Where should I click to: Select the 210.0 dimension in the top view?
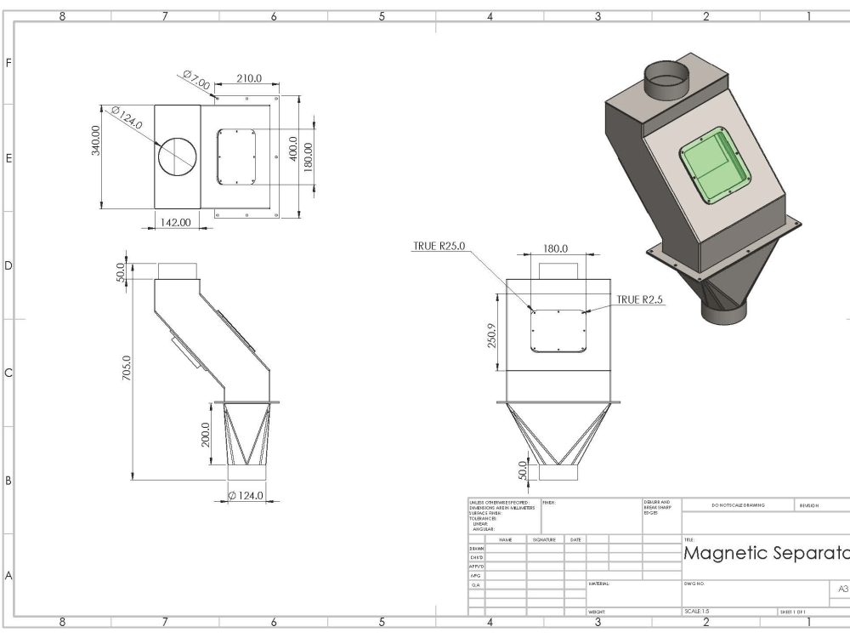(x=248, y=79)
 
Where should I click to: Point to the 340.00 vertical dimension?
(x=95, y=140)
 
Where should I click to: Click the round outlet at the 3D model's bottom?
(x=725, y=310)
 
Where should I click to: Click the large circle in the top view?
(x=177, y=157)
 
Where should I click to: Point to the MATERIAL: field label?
(x=599, y=584)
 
